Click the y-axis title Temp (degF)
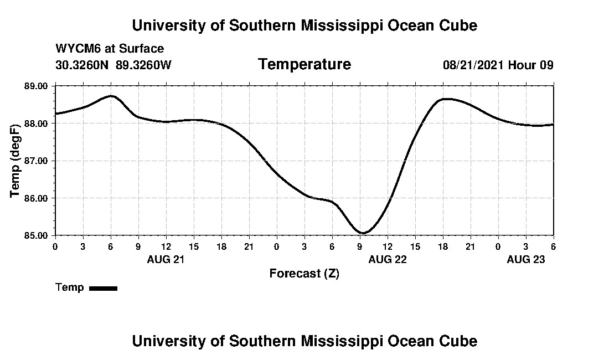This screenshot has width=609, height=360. pos(16,161)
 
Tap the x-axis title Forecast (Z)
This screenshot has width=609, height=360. pos(304,274)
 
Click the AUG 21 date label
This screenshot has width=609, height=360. pos(166,259)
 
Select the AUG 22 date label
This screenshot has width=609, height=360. pos(387,259)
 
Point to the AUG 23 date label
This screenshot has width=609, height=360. pos(525,259)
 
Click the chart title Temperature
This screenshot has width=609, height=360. pos(304,64)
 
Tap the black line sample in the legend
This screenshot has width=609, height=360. pos(103,288)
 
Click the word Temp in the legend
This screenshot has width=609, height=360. pos(70,287)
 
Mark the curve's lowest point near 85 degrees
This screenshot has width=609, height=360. pos(362,233)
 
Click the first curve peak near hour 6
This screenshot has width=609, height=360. pos(111,96)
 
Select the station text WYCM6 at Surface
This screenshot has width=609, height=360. pos(110,49)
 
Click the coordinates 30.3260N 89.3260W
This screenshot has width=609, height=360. pos(113,65)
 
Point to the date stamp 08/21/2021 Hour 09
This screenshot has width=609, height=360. pos(498,65)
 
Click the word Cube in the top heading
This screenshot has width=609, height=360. pos(457,25)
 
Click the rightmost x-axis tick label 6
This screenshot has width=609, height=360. pos(553,246)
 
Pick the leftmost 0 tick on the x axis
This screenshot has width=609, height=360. pos(55,246)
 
